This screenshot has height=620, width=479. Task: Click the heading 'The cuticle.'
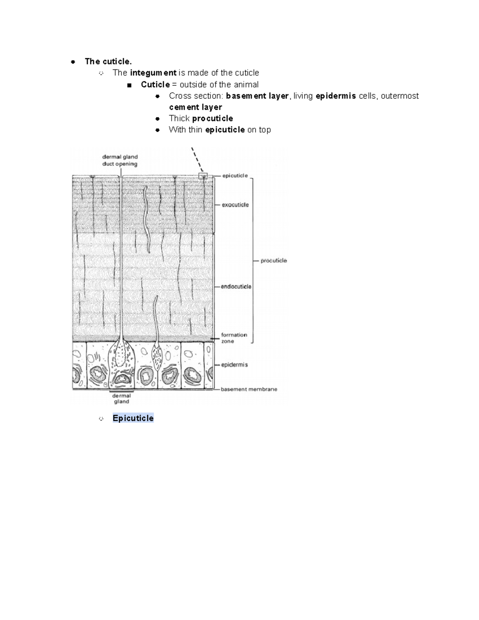108,61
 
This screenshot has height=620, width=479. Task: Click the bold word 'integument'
153,73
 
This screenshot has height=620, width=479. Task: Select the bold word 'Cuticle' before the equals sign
155,85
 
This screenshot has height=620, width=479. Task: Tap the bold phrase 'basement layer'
257,96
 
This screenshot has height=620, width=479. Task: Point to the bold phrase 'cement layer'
195,107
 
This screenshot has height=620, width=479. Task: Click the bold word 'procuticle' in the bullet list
212,118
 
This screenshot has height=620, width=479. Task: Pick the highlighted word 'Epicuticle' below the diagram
133,418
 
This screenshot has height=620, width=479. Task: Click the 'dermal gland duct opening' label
120,160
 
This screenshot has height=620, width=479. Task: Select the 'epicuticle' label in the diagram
235,176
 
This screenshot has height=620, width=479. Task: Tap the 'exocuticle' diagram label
235,205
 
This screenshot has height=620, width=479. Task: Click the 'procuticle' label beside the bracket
273,261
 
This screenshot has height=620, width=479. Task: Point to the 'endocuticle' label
236,287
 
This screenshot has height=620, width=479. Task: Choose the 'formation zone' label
234,338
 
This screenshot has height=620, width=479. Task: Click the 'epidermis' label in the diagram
234,364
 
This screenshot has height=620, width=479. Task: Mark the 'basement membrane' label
249,389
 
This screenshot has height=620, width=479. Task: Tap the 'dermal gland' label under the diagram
121,399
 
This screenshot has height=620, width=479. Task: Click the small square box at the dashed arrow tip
203,176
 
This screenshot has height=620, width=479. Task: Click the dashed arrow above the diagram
198,160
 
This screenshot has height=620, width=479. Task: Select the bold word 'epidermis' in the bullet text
336,96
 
